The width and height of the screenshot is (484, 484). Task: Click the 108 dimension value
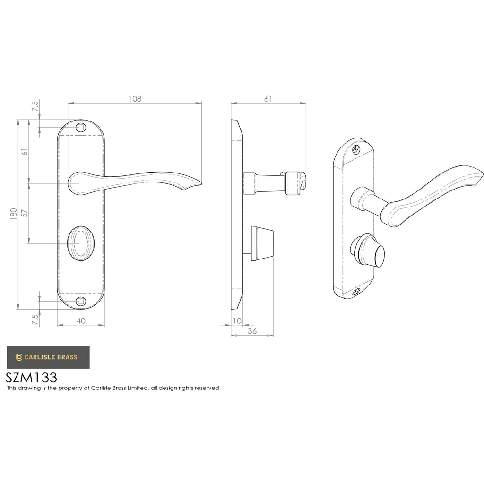click(x=135, y=99)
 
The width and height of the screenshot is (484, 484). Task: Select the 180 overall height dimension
click(x=14, y=214)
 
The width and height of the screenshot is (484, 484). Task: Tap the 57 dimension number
click(x=25, y=213)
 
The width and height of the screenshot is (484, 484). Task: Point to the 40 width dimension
click(x=81, y=321)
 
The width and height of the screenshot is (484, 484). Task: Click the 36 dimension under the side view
click(x=252, y=331)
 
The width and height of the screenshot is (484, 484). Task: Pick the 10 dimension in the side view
click(x=237, y=321)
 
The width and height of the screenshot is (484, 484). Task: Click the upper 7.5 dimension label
click(x=35, y=106)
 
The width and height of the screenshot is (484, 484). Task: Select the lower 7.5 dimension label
click(x=35, y=319)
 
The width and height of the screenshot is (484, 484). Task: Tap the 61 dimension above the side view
click(x=268, y=99)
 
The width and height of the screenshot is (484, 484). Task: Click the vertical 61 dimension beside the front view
click(x=25, y=152)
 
